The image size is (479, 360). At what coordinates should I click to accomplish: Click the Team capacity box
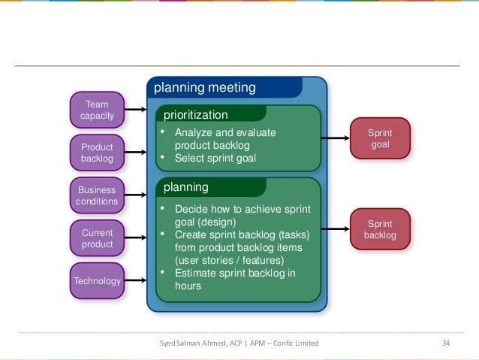click(x=97, y=110)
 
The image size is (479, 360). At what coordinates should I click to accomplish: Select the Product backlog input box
click(x=97, y=153)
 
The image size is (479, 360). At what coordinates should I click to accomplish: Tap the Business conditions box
click(x=97, y=195)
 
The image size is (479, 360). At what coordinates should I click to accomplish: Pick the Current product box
click(x=97, y=238)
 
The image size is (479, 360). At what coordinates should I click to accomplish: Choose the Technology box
click(x=97, y=281)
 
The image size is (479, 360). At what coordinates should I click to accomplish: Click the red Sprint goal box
click(x=380, y=138)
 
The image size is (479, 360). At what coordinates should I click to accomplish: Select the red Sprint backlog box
click(x=380, y=229)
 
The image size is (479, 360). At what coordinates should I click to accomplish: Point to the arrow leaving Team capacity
click(x=135, y=110)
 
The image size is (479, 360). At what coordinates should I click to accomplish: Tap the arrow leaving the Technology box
click(x=135, y=281)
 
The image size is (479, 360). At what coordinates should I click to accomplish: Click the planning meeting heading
click(x=204, y=88)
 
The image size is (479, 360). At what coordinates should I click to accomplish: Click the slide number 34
click(x=446, y=343)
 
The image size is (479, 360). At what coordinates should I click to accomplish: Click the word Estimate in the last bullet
click(x=195, y=273)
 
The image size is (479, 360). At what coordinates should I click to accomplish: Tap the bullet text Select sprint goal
click(x=215, y=159)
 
